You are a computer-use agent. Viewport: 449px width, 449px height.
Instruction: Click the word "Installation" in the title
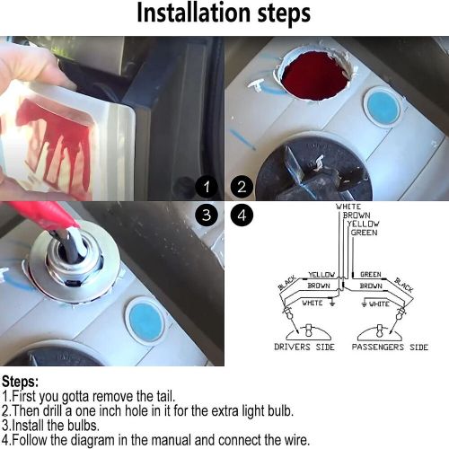click(x=193, y=13)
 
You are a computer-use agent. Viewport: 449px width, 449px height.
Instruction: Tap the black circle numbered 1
click(x=207, y=188)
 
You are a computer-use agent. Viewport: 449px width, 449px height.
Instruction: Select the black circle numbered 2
click(x=242, y=188)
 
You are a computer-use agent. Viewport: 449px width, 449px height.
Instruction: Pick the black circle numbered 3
click(x=207, y=215)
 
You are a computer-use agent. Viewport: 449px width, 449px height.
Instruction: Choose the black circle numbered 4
click(x=242, y=215)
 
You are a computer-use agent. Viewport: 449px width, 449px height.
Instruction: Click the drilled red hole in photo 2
click(x=316, y=76)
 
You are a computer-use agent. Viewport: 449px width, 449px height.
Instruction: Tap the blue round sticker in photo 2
click(x=383, y=108)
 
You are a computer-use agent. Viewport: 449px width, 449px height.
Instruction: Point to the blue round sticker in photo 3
click(x=147, y=322)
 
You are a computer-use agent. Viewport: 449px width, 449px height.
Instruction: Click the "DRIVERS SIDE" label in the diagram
click(x=304, y=347)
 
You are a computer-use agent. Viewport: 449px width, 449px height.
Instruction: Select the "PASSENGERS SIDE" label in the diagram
click(x=390, y=347)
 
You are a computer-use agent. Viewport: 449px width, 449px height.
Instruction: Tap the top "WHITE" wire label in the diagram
click(x=348, y=207)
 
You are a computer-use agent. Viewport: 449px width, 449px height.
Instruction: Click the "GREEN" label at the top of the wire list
click(x=364, y=233)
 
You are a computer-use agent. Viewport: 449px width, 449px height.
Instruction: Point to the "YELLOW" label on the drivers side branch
click(x=321, y=275)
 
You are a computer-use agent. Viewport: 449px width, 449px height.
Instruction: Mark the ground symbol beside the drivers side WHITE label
click(x=331, y=302)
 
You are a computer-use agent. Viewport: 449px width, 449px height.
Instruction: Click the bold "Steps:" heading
click(x=20, y=382)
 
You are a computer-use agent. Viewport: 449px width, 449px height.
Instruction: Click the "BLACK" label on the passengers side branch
click(x=404, y=285)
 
